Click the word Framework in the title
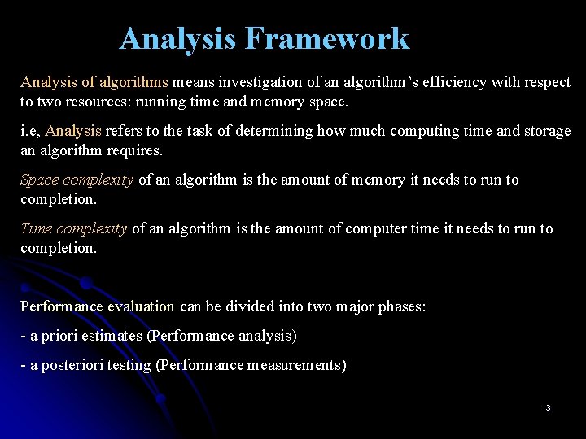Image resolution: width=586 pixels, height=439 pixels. (327, 38)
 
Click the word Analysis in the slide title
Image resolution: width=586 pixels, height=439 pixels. (178, 38)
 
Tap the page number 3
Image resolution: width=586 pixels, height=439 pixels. (548, 407)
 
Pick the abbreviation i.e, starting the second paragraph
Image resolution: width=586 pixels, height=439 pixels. (30, 131)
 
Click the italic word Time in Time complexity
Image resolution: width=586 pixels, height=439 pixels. (37, 228)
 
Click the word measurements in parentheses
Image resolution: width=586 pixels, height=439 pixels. (295, 365)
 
